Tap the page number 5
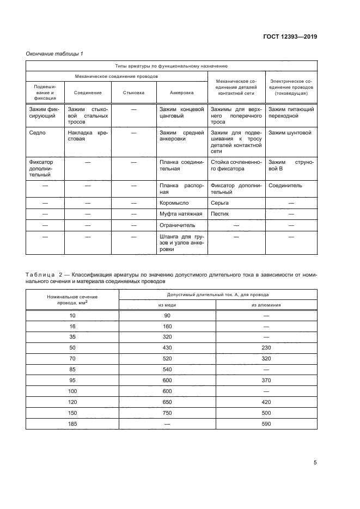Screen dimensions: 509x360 point(315,463)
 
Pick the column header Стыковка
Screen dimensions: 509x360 point(134,93)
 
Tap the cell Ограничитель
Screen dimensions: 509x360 point(177,224)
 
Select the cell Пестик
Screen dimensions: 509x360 point(219,213)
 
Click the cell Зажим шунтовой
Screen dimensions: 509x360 point(290,132)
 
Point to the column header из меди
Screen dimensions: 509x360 point(167,305)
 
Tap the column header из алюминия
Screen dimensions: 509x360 point(266,305)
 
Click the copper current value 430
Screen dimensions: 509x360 point(167,347)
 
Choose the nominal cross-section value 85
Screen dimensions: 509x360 point(72,369)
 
